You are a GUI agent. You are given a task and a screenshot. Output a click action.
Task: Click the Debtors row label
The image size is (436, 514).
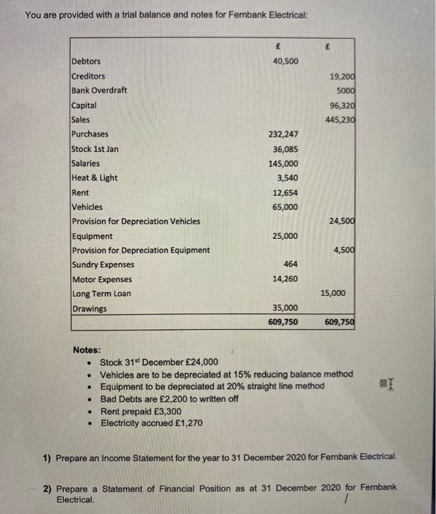coord(86,62)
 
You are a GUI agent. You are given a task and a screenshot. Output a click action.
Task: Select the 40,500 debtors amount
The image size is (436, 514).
coord(285,62)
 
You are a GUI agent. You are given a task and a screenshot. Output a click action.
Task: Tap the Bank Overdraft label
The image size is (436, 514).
coord(99,90)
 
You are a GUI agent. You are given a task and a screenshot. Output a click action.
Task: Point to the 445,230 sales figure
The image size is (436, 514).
coord(340,120)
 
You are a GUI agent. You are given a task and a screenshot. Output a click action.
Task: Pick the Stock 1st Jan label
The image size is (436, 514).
coord(95,148)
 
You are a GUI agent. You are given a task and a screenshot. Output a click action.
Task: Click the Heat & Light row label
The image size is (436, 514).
coord(94,178)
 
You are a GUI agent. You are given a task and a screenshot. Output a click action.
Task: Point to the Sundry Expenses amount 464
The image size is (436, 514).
coord(291,264)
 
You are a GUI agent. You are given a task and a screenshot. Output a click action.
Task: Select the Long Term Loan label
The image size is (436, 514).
coord(101,294)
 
